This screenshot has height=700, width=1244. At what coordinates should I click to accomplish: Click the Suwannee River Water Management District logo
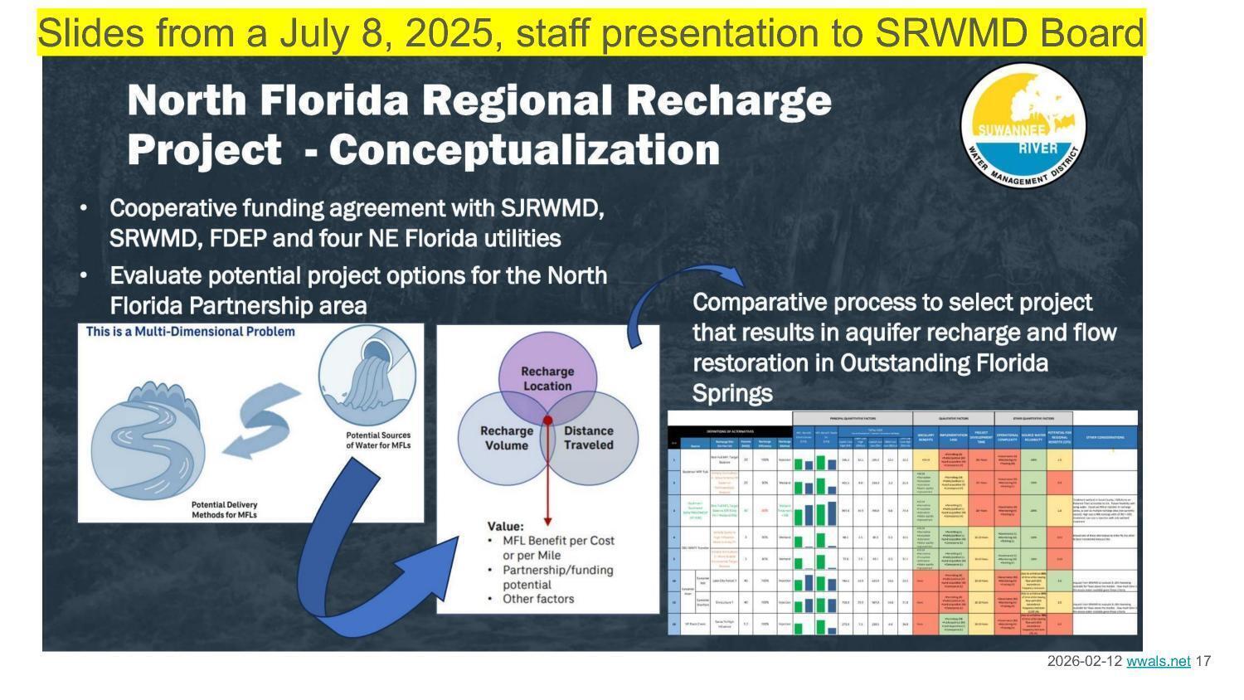coord(1023,126)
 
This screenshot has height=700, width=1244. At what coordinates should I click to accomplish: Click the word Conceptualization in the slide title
coord(523,151)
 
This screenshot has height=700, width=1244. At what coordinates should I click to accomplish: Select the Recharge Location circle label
coord(547,378)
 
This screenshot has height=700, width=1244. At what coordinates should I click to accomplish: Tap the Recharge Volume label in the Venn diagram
coord(506,438)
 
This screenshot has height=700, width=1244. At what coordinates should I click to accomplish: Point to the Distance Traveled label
coord(588,438)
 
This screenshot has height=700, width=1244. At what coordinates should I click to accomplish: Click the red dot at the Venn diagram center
coord(547,421)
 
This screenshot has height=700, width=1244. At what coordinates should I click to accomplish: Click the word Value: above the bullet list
coord(505,527)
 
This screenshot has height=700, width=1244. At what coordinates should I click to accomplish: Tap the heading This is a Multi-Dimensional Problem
coord(191,332)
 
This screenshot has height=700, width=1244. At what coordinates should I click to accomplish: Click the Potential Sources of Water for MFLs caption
coord(378,440)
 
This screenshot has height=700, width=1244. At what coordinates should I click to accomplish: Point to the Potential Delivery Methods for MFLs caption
coord(224,510)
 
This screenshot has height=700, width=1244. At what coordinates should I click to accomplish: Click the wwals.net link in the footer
coord(1158,661)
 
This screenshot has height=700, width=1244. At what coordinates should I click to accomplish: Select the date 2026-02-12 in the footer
coord(1085,661)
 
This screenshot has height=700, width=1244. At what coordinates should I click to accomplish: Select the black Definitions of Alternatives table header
coord(730,431)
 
